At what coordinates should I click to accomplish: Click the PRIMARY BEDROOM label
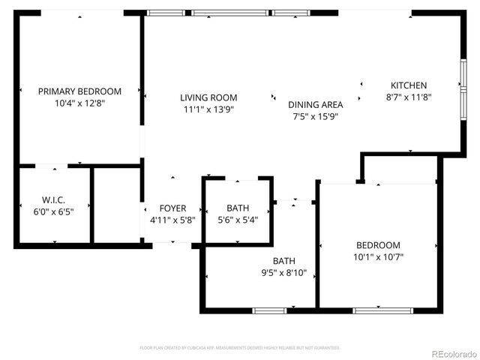[x=79, y=91]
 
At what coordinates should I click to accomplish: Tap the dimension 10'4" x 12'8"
[x=79, y=104]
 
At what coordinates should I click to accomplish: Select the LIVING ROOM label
[x=208, y=97]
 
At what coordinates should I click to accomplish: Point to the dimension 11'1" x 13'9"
[x=208, y=109]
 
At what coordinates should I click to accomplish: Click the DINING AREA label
[x=316, y=105]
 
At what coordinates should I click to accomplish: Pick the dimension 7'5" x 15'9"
[x=316, y=117]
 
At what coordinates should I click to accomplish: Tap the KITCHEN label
[x=409, y=85]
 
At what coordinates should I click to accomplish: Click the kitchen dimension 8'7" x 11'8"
[x=409, y=97]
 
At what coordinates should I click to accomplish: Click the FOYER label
[x=172, y=208]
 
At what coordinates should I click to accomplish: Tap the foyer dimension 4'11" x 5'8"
[x=172, y=220]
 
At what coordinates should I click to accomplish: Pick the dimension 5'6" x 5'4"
[x=238, y=220]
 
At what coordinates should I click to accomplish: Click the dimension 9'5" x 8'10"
[x=283, y=273]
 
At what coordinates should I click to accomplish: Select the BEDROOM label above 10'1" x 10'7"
[x=378, y=245]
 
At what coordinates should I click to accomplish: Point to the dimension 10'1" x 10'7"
[x=378, y=257]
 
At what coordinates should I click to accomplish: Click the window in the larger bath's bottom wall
[x=269, y=310]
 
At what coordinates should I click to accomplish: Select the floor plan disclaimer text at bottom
[x=240, y=348]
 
